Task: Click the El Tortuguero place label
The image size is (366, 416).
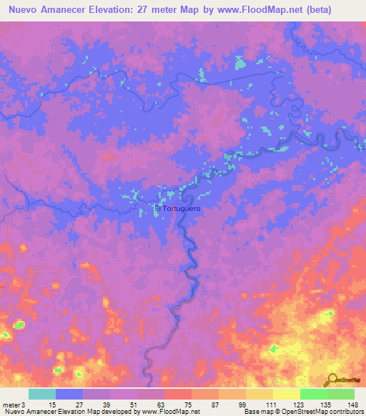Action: [178, 209]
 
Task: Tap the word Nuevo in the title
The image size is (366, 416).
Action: [26, 11]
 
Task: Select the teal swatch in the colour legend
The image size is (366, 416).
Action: [42, 394]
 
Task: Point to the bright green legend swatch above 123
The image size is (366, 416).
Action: [313, 394]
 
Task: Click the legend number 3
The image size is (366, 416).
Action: [24, 405]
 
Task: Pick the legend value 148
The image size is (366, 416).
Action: [353, 405]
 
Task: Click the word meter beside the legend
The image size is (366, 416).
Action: [11, 405]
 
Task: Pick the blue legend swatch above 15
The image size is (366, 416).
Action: [69, 394]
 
